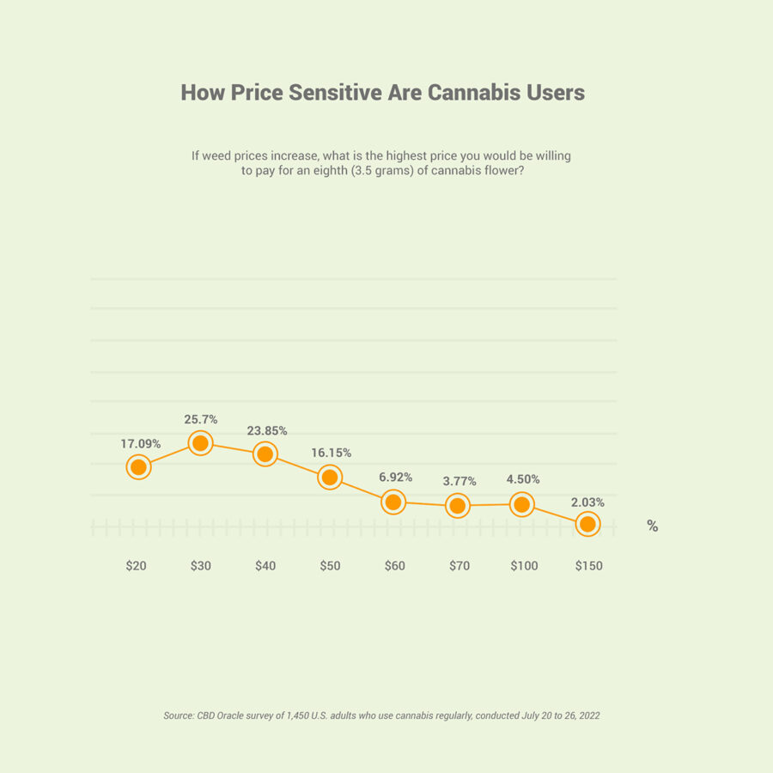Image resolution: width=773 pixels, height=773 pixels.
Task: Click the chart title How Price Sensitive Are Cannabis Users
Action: click(382, 93)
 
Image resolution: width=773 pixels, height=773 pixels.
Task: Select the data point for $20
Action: click(138, 467)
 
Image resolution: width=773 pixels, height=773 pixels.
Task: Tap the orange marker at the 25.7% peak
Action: click(200, 443)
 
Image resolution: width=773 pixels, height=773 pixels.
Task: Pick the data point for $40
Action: click(265, 454)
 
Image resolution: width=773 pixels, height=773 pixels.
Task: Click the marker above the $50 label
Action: click(330, 478)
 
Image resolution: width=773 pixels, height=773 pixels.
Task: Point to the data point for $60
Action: click(393, 502)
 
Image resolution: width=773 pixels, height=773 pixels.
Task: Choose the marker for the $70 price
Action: click(458, 506)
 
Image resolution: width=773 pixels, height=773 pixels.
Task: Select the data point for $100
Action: click(521, 505)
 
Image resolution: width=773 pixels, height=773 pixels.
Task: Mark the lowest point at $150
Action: click(587, 524)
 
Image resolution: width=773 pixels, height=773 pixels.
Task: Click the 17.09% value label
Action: click(141, 444)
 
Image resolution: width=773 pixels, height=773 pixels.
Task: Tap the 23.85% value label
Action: click(266, 430)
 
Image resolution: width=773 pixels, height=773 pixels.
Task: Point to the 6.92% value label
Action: click(395, 477)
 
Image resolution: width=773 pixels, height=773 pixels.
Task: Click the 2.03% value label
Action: click(587, 502)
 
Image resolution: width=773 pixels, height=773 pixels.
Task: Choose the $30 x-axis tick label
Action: click(201, 566)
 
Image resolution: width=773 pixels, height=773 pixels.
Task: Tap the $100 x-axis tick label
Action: click(524, 566)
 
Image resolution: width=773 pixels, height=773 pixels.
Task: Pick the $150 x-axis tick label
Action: click(588, 566)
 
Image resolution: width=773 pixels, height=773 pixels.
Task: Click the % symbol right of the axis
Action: click(653, 526)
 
